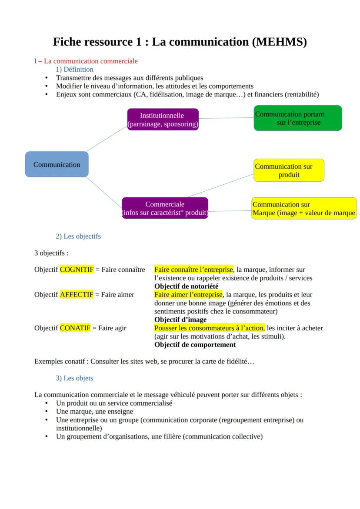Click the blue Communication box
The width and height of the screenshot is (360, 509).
57,164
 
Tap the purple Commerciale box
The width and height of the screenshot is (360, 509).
165,208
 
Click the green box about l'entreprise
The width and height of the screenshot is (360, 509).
298,118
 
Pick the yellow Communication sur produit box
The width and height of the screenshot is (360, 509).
289,170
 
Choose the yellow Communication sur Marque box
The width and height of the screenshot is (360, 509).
303,208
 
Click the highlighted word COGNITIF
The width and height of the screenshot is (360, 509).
77,269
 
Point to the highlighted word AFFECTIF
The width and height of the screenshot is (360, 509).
77,294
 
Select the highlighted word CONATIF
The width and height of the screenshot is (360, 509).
75,328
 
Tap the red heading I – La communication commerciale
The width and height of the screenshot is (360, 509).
86,61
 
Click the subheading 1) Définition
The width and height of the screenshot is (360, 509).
74,69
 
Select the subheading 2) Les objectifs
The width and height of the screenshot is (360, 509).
78,236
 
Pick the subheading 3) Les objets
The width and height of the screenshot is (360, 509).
74,378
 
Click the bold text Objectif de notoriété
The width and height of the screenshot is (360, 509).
186,286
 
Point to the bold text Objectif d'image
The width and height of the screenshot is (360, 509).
180,319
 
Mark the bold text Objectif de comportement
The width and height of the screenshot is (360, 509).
195,344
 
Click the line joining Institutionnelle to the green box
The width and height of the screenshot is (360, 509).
226,118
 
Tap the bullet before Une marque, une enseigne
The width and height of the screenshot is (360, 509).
47,411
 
